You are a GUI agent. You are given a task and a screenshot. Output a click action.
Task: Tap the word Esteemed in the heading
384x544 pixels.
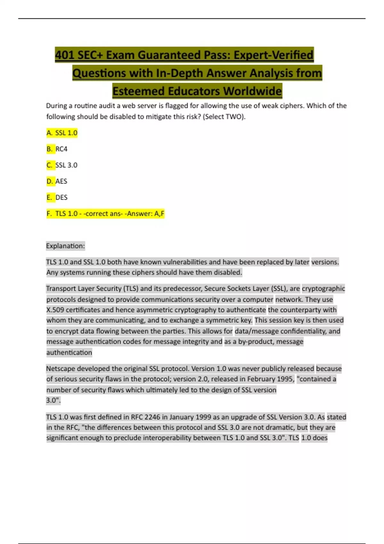(x=139, y=91)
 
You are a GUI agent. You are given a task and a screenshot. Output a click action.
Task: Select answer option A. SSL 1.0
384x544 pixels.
(x=62, y=133)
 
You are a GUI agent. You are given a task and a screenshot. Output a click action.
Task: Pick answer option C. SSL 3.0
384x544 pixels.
(x=62, y=165)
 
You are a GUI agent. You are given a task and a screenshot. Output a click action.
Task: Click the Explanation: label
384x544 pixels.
(x=66, y=246)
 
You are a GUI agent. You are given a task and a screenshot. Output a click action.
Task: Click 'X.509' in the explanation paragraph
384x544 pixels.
(x=55, y=310)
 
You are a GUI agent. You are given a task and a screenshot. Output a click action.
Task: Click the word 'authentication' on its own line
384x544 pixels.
(x=69, y=353)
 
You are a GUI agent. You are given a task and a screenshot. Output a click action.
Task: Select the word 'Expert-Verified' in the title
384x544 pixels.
(x=273, y=55)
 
